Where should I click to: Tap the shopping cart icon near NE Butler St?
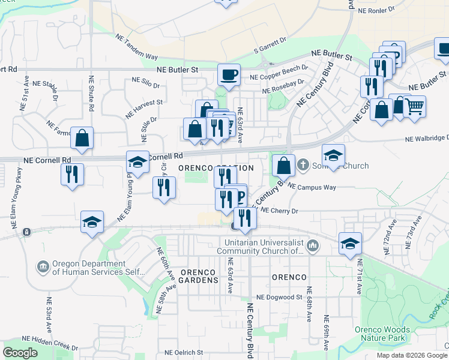tap(414, 107)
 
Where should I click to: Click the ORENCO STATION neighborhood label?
tap(215, 168)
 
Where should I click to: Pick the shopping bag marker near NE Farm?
tap(82, 138)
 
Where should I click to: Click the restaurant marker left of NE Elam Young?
tap(72, 175)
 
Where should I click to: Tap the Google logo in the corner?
tap(20, 353)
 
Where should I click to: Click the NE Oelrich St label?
tap(184, 353)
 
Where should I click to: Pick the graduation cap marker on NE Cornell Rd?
tap(137, 163)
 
